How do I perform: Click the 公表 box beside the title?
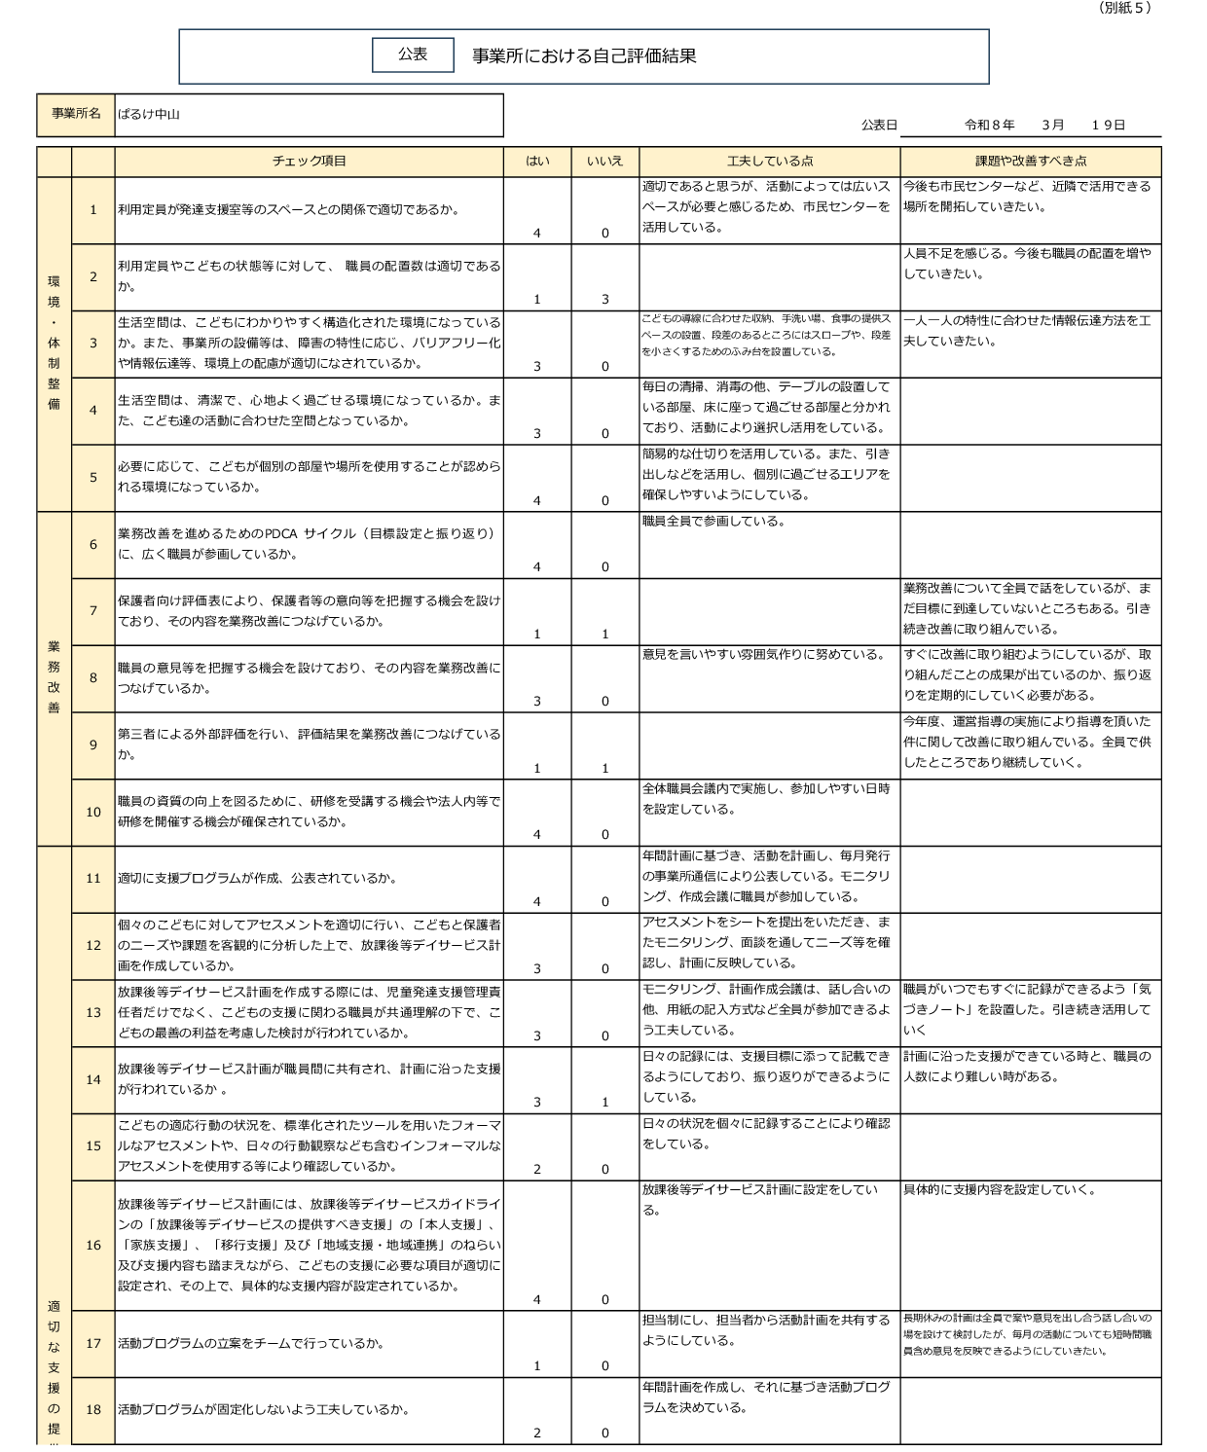tap(413, 55)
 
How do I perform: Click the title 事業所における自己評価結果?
tap(584, 56)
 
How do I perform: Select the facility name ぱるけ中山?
tap(149, 115)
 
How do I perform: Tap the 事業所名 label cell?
tap(76, 115)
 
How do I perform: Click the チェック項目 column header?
tap(309, 162)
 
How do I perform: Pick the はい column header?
tap(537, 162)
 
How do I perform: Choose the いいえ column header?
tap(604, 162)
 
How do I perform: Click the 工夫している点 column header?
tap(769, 162)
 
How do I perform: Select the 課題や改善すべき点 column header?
tap(1030, 162)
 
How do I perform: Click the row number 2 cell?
tap(93, 277)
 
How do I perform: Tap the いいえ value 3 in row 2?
tap(604, 300)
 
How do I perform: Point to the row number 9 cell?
tap(93, 745)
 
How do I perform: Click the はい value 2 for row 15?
tap(537, 1170)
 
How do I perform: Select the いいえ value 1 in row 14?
tap(604, 1103)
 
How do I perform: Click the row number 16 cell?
tap(93, 1246)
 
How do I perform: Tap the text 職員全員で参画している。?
tap(713, 522)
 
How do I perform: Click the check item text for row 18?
tap(264, 1410)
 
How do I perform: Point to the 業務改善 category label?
tap(54, 677)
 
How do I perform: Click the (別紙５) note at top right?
tap(1124, 8)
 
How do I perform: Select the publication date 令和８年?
tap(989, 126)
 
